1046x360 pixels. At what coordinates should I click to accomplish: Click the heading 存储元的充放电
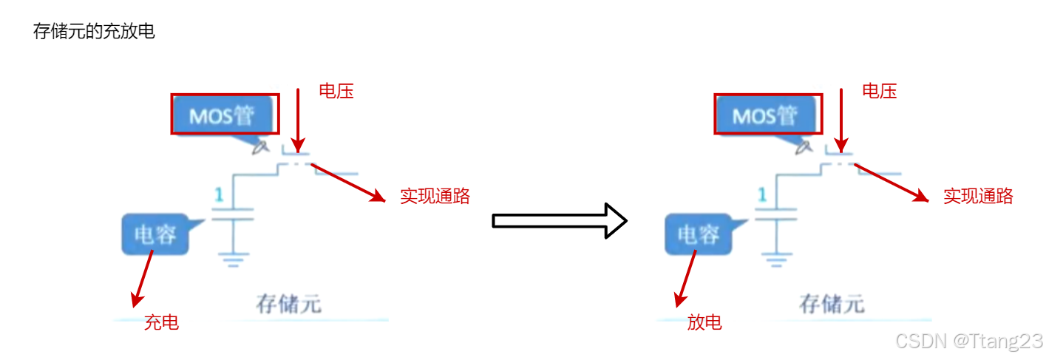[94, 32]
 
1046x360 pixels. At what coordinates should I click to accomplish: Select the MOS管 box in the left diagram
[225, 114]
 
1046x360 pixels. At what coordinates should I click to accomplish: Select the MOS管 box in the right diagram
[767, 114]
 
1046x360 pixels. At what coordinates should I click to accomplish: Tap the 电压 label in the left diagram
[336, 91]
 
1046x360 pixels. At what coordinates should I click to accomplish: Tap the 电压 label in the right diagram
[880, 91]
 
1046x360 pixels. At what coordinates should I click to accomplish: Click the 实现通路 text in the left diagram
[435, 196]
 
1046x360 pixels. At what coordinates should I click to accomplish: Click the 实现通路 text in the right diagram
[978, 196]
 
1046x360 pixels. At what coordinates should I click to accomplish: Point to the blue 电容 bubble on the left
[155, 234]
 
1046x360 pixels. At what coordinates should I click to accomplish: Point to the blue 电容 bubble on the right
[699, 234]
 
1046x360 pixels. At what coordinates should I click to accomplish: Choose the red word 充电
[161, 322]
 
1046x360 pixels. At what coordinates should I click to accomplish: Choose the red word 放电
[704, 322]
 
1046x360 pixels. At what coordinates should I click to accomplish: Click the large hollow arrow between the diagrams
[560, 220]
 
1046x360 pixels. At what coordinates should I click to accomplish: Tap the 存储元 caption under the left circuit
[289, 304]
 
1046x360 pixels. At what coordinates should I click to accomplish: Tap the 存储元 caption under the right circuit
[832, 304]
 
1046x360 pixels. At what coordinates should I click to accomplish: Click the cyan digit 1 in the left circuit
[219, 195]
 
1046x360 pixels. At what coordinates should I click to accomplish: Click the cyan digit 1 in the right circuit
[761, 195]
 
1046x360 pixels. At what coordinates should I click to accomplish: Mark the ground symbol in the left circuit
[234, 258]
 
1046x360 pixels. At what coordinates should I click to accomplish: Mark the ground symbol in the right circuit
[776, 258]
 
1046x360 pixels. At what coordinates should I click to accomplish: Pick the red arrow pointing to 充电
[143, 278]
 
